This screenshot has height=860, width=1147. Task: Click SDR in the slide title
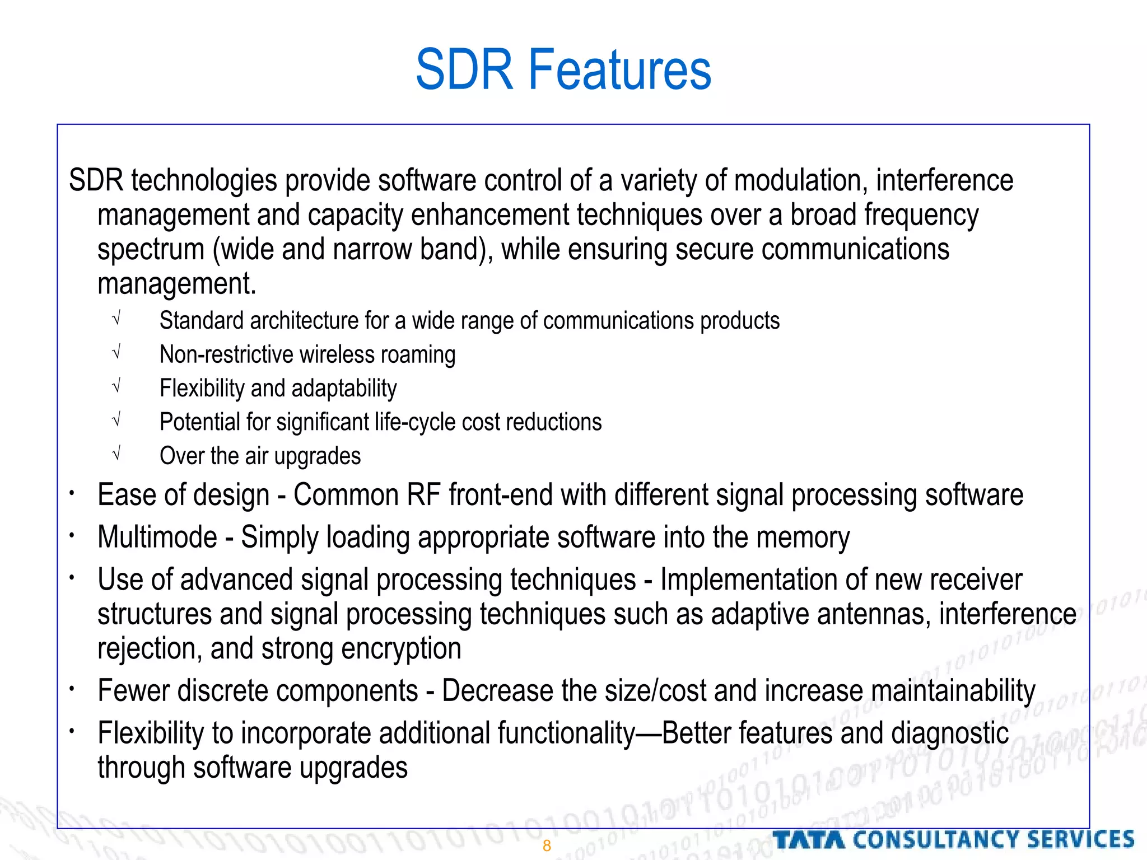click(464, 70)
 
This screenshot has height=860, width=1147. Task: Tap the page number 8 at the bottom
click(547, 846)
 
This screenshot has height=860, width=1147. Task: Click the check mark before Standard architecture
click(116, 319)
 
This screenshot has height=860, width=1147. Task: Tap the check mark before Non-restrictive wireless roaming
click(116, 353)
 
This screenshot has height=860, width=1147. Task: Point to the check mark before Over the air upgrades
click(116, 454)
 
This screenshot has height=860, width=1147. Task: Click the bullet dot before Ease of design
click(72, 493)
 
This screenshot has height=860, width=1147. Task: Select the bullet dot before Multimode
click(72, 535)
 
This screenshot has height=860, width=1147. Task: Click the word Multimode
click(157, 537)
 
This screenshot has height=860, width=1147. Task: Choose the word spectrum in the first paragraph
click(151, 250)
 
